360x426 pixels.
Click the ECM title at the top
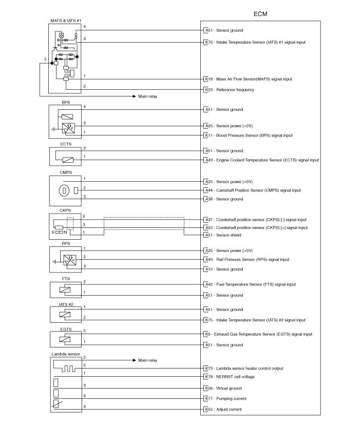(260, 14)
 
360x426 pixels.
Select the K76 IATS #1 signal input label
(255, 43)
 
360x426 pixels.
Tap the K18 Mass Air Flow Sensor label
(249, 79)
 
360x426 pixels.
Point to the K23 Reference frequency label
(230, 90)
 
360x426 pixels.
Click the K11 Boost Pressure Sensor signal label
(249, 135)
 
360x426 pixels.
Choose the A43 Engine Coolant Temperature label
(262, 160)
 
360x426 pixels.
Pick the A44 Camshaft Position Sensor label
(253, 190)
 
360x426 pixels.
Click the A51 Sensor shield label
(223, 235)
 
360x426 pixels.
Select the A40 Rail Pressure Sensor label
(247, 260)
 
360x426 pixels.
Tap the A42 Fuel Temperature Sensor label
(251, 284)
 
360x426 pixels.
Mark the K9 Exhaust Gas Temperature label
(259, 334)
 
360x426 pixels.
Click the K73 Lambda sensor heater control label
(244, 369)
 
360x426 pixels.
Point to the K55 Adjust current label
(223, 410)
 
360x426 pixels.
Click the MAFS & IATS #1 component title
(66, 21)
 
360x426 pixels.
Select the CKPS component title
(65, 210)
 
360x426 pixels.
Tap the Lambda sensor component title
(66, 354)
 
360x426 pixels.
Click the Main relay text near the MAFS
(147, 96)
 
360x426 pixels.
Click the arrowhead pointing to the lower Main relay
(135, 360)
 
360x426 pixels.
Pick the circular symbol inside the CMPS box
(64, 191)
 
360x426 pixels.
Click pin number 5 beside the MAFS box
(45, 59)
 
